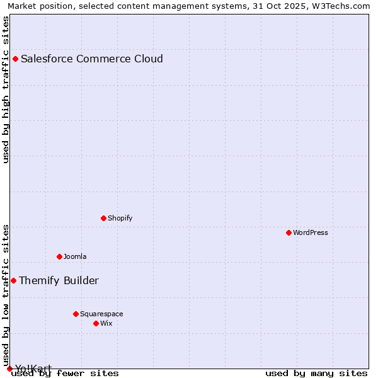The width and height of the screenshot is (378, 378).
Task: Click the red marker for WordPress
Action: click(289, 232)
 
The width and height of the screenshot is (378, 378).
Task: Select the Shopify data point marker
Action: click(103, 218)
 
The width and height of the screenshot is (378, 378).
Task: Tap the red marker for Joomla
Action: click(59, 256)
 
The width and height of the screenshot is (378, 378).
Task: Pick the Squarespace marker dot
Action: click(76, 314)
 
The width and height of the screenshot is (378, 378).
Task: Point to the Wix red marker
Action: click(96, 323)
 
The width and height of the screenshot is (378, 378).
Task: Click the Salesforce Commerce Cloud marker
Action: click(15, 59)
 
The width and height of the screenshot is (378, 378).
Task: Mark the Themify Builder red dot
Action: click(13, 280)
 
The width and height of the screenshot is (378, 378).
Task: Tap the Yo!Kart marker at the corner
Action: click(9, 369)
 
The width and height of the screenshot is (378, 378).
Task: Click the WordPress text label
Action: click(311, 232)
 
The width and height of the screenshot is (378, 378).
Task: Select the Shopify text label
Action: click(120, 218)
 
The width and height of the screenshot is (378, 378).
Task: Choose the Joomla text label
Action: click(75, 256)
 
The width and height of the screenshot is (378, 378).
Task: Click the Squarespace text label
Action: click(101, 314)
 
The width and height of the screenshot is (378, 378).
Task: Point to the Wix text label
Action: click(106, 323)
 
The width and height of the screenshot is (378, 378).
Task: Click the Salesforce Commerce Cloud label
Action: click(92, 59)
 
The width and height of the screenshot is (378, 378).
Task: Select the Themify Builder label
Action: click(59, 280)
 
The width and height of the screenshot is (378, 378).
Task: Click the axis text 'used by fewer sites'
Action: click(65, 373)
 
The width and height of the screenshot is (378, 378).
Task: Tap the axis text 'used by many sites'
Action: click(316, 373)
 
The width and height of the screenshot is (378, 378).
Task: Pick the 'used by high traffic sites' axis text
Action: click(6, 89)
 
